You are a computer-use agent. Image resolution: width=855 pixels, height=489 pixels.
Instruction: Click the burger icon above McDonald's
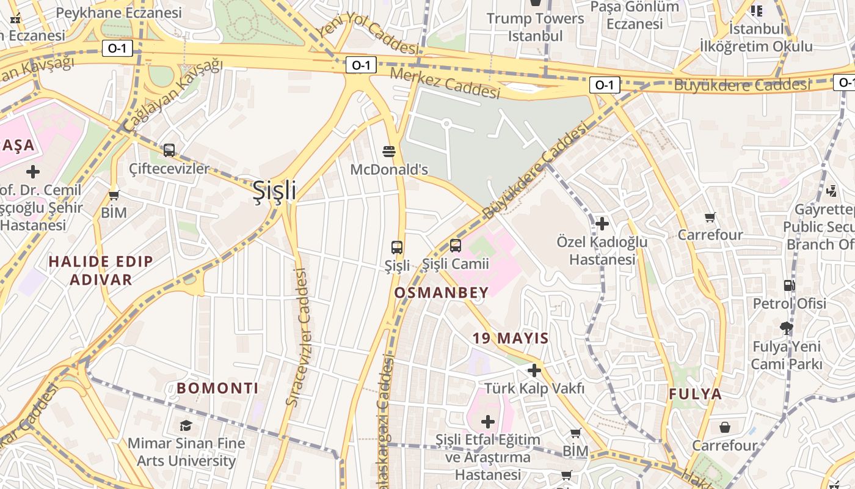pos(389,151)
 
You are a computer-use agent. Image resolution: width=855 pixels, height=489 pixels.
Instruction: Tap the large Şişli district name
pos(275,190)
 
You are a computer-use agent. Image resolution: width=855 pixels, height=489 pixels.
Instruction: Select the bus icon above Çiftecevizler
pos(169,150)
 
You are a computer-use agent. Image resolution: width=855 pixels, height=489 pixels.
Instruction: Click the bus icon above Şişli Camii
pos(456,246)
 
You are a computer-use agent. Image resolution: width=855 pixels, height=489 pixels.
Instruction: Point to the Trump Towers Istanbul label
pos(536,27)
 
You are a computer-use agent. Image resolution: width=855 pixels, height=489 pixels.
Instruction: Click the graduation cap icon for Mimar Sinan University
pos(186,425)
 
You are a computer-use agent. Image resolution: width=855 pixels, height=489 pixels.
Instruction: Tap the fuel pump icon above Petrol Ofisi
pos(789,285)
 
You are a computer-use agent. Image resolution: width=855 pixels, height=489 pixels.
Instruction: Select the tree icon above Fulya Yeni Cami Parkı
pos(787,328)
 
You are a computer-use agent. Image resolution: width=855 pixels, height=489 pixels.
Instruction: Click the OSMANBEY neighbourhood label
pos(442,293)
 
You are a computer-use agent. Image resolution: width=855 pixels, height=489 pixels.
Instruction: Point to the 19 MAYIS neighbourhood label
pos(511,338)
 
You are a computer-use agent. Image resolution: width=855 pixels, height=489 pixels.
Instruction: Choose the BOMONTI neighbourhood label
pos(217,388)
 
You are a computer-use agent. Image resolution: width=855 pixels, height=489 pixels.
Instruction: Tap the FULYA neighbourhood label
pos(696,394)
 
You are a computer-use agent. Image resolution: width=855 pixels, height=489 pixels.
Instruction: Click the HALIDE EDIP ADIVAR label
pos(101,271)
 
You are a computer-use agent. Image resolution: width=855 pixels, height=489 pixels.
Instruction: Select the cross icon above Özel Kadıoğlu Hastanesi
pos(602,224)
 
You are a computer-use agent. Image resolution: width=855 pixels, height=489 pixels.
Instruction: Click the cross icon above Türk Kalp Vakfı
pos(534,370)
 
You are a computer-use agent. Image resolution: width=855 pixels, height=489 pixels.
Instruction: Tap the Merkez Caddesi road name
pos(445,83)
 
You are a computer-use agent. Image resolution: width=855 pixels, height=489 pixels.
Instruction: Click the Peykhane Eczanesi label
pos(119,13)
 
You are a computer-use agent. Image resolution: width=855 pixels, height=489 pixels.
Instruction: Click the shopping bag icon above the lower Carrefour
pos(725,427)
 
